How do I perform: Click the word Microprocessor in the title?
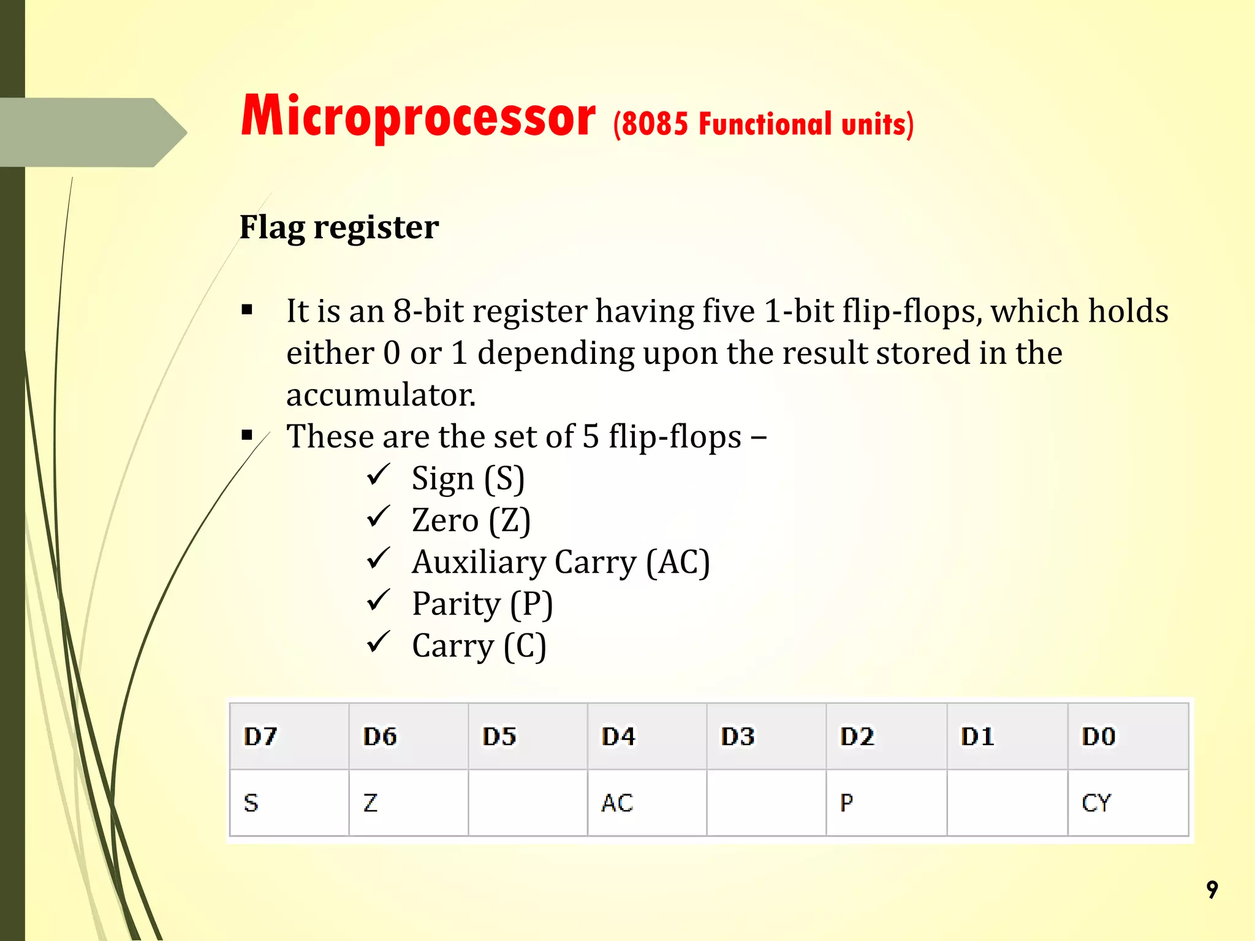tap(418, 118)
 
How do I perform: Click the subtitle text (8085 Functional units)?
tap(763, 125)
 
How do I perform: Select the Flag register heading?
tap(339, 227)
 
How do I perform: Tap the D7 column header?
tap(261, 736)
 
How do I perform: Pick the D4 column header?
tap(618, 736)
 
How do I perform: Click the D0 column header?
tap(1098, 736)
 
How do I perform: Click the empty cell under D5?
tap(528, 803)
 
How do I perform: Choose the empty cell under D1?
tap(1007, 803)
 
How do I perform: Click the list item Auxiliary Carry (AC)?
tap(561, 562)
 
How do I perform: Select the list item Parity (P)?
tap(482, 604)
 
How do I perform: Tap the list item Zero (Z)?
tap(471, 521)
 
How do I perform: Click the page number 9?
tap(1211, 890)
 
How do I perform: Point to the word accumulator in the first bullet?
tap(381, 395)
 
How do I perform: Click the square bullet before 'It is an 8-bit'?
tap(247, 310)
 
